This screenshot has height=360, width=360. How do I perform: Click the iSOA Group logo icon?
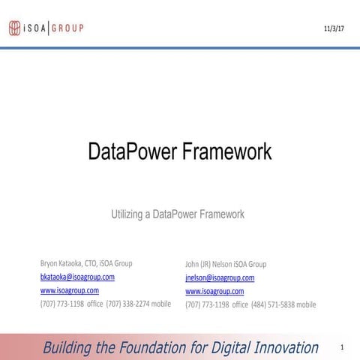[x=15, y=28]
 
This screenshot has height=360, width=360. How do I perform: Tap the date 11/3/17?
[x=333, y=28]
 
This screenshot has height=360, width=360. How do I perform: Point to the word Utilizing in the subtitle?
[x=130, y=214]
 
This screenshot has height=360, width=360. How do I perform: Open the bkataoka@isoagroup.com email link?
[x=76, y=277]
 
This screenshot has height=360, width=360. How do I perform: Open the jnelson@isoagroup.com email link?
[x=220, y=277]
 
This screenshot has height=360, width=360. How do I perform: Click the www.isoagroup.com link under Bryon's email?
[x=69, y=290]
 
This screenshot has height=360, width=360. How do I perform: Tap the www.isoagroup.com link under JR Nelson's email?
[x=214, y=291]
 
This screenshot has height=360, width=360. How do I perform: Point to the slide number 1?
[x=341, y=347]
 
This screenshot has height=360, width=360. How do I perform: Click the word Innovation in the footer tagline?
[x=279, y=347]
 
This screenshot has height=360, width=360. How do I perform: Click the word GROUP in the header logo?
[x=67, y=28]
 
